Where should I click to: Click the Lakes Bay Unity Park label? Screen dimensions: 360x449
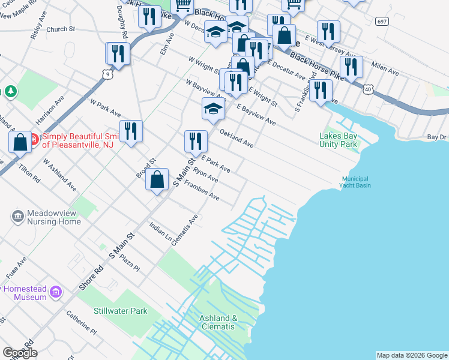click(338, 140)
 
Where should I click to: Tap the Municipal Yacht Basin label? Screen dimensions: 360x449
click(356, 182)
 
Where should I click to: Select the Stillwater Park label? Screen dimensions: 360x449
click(120, 311)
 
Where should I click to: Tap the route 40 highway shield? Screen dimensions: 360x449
click(367, 89)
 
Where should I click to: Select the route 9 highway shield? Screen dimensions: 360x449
click(107, 74)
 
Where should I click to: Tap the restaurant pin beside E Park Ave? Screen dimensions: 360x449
click(196, 142)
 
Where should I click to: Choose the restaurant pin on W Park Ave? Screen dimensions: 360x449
click(131, 132)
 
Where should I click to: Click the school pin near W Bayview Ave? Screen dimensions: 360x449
click(212, 109)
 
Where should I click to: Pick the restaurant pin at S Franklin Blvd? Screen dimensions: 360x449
click(321, 91)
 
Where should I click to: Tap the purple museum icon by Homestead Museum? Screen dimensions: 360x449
click(56, 292)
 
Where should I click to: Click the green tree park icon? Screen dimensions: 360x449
click(10, 91)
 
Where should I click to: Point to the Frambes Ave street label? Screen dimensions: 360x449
click(201, 191)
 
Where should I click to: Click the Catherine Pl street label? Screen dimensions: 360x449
click(81, 322)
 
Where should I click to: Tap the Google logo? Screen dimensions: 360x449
click(20, 353)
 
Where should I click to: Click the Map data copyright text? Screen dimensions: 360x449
click(411, 355)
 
